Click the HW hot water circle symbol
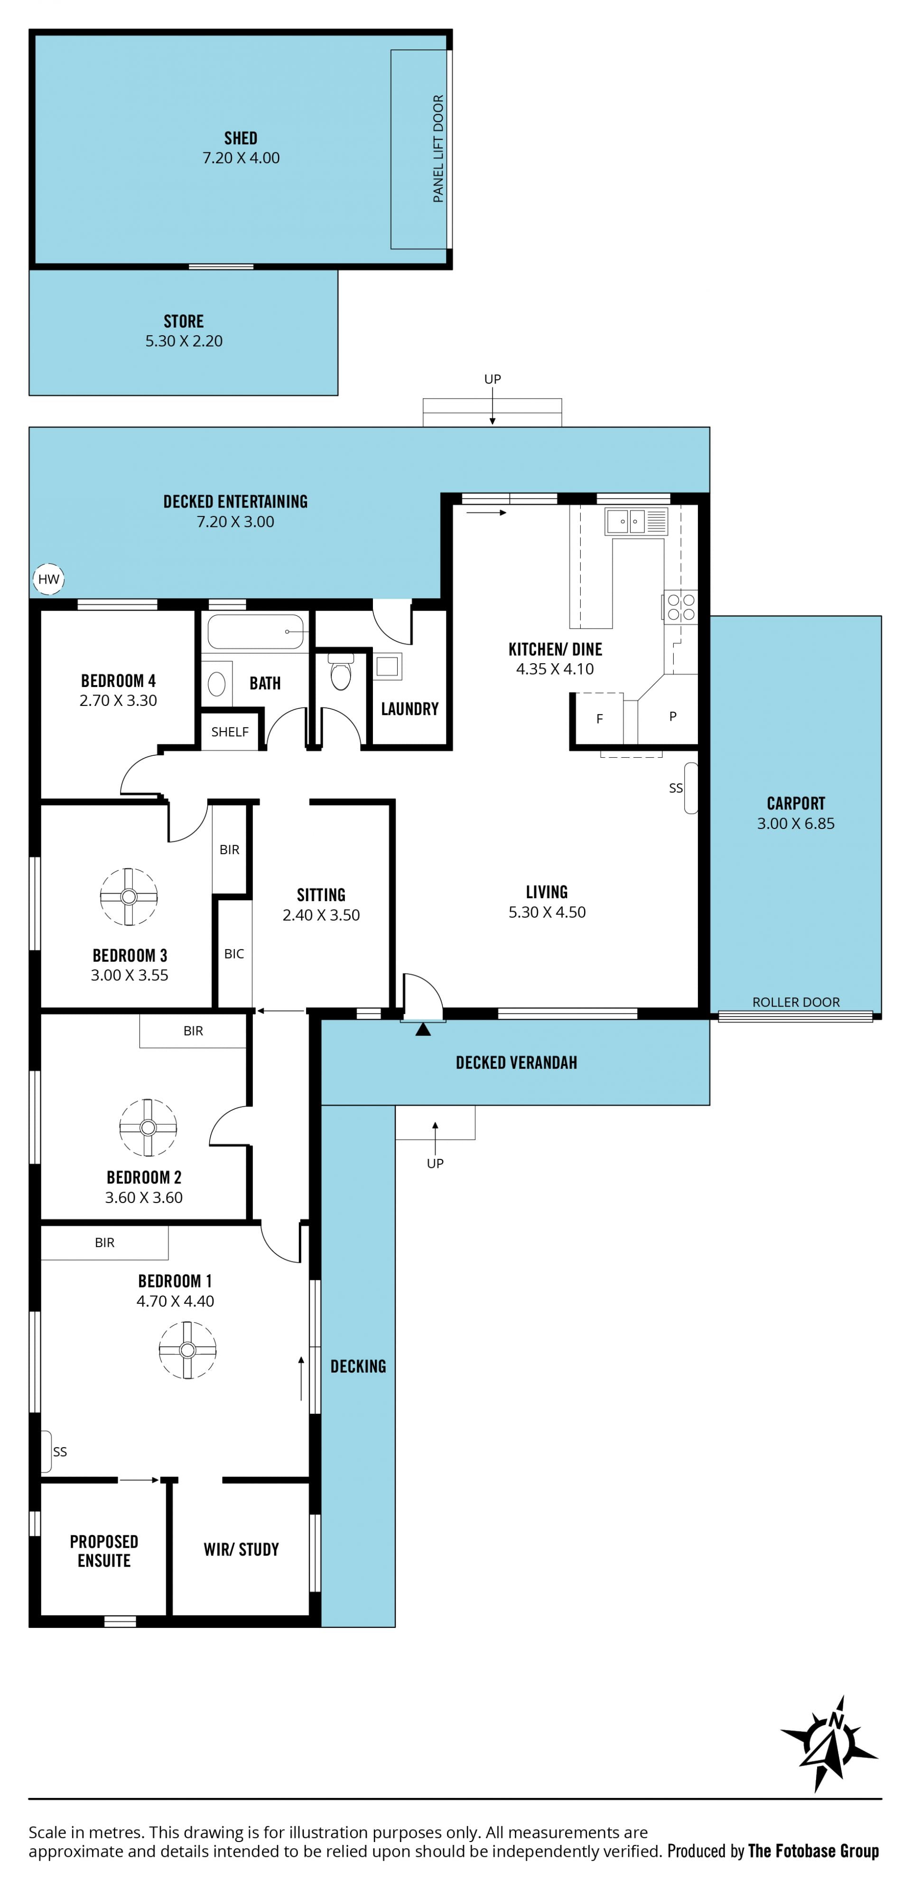[x=48, y=580]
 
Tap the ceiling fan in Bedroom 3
[x=129, y=897]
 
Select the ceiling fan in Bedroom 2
[x=148, y=1128]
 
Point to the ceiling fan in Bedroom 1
[x=188, y=1350]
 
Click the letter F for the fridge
[x=599, y=719]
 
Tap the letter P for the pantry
[x=673, y=716]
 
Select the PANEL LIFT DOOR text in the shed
[x=438, y=149]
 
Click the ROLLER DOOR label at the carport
[x=796, y=1002]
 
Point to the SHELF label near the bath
[x=230, y=732]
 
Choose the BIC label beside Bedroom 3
[x=234, y=954]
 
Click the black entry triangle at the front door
[x=423, y=1029]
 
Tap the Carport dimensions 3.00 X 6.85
[x=796, y=823]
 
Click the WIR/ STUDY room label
[x=242, y=1550]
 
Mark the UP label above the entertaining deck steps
[x=492, y=379]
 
